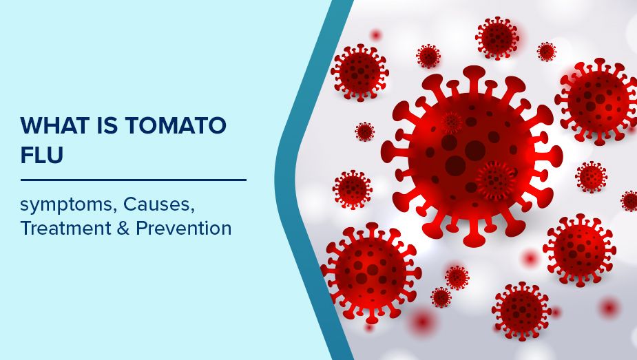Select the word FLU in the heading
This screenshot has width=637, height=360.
pos(41,156)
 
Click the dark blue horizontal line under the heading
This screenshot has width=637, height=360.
pos(133,180)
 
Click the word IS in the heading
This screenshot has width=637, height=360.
pos(101,126)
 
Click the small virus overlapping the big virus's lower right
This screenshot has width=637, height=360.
pos(494,180)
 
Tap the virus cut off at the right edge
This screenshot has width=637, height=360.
pos(629,201)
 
